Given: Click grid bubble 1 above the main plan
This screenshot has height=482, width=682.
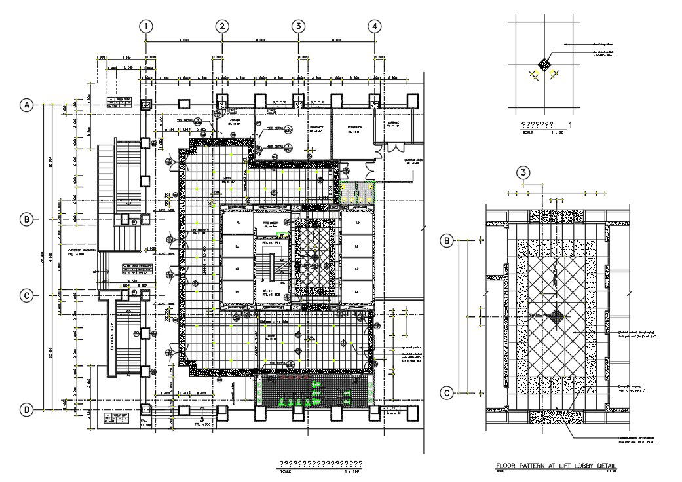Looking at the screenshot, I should click(145, 26).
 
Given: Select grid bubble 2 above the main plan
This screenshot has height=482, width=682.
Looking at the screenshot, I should click(223, 26).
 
